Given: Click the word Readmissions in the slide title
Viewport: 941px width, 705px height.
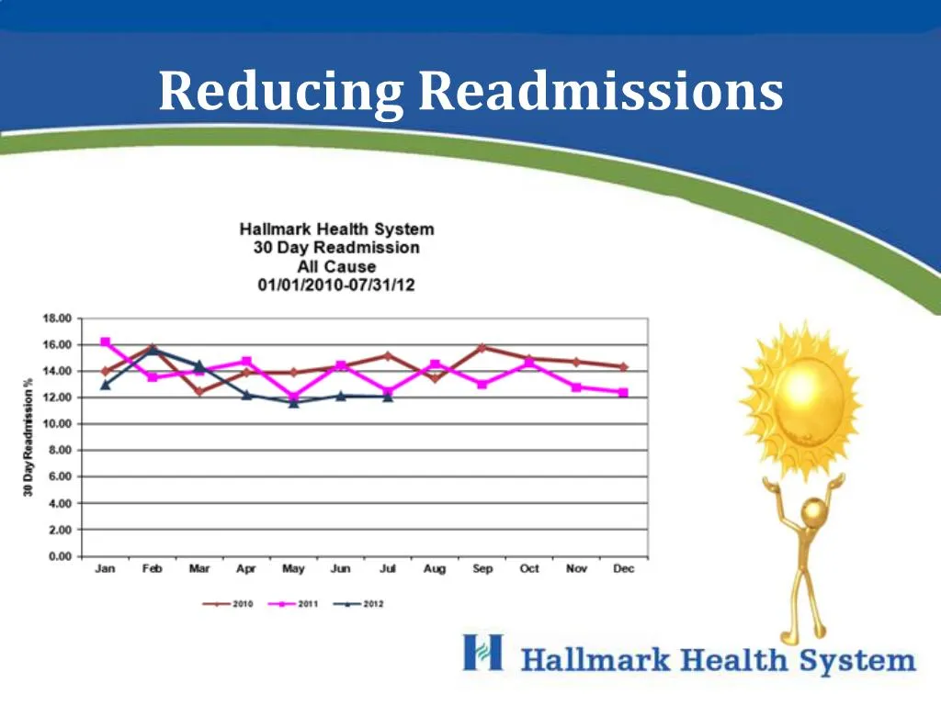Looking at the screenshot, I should click(x=599, y=94).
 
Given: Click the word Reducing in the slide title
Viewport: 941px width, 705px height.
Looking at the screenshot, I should click(x=280, y=94).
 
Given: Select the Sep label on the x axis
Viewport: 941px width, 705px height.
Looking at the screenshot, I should click(x=482, y=569).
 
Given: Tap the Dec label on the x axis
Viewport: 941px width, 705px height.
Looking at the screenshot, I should click(x=624, y=569).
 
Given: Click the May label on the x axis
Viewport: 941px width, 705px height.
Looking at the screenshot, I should click(x=293, y=569).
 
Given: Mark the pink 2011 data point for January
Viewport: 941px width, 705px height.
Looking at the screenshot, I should click(x=106, y=342).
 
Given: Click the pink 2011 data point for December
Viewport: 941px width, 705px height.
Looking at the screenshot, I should click(x=624, y=393).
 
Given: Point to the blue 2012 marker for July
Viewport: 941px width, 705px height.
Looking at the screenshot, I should click(x=388, y=397).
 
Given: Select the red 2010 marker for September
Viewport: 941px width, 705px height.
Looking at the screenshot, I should click(x=482, y=348).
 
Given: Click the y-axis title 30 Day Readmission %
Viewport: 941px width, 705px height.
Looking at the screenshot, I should click(x=29, y=437).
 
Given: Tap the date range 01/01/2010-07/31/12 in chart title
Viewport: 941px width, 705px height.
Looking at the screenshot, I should click(x=336, y=285).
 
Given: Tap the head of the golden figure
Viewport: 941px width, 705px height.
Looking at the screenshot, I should click(x=814, y=512).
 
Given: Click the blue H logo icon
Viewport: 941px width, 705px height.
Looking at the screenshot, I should click(x=483, y=653).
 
